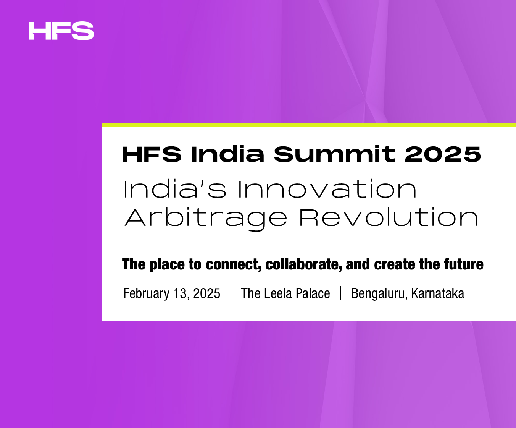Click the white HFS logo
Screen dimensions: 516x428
tap(61, 31)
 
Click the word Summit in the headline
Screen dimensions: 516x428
tap(335, 154)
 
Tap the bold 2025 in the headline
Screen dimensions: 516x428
tap(443, 154)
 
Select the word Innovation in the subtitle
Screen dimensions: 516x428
tap(327, 189)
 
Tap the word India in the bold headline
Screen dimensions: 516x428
tap(227, 154)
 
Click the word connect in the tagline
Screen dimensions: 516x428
tap(234, 264)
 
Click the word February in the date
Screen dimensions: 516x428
tap(146, 293)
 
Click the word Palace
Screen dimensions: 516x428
tap(313, 293)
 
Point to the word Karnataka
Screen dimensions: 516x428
tap(438, 293)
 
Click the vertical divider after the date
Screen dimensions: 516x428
tap(231, 293)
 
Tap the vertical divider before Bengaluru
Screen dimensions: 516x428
tap(340, 293)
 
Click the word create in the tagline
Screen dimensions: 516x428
tap(395, 264)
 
